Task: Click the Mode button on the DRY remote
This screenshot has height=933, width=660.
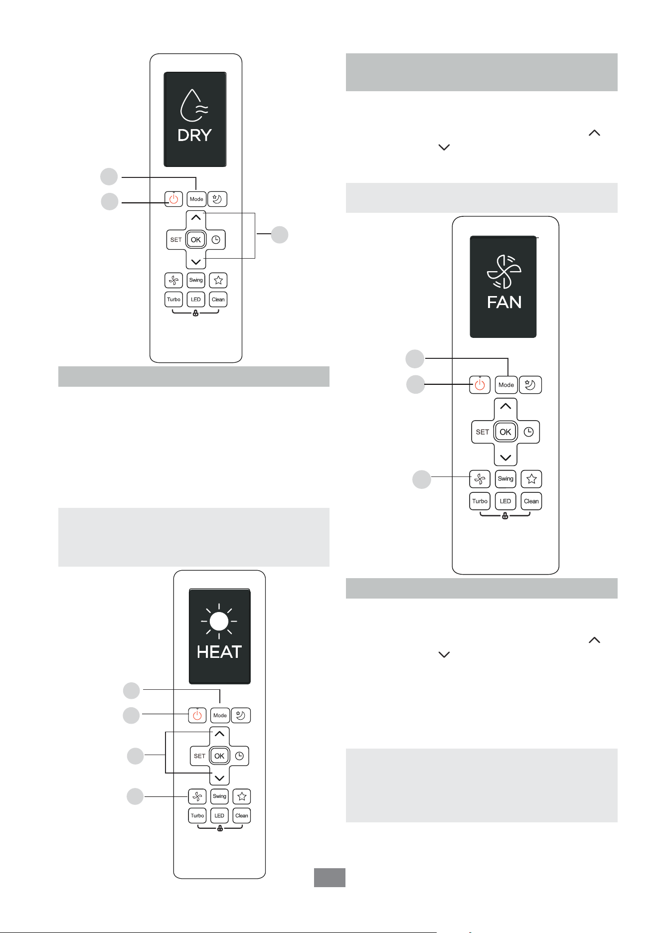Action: (x=196, y=199)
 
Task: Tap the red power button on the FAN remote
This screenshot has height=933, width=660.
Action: (x=480, y=385)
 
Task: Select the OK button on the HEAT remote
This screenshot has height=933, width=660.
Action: (x=219, y=756)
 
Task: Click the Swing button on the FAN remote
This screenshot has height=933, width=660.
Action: (x=505, y=479)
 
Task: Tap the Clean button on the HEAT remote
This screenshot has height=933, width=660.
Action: (x=242, y=815)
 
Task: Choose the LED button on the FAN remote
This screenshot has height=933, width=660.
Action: (x=505, y=501)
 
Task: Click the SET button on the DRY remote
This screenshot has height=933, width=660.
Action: (x=176, y=240)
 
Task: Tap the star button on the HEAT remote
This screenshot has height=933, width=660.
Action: (x=242, y=796)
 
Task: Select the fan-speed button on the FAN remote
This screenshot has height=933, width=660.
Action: (x=480, y=479)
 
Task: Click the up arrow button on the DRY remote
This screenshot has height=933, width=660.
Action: (x=196, y=218)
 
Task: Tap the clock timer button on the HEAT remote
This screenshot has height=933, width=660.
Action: (x=239, y=756)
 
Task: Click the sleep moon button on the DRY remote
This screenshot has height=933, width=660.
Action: (x=217, y=199)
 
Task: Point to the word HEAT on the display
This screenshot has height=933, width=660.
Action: (x=219, y=652)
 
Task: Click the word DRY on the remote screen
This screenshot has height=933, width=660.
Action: (x=195, y=135)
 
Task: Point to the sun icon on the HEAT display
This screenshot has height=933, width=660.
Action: (x=219, y=622)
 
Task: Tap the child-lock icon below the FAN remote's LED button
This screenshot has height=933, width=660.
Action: (x=505, y=516)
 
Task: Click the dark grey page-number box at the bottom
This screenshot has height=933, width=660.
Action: (x=330, y=877)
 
